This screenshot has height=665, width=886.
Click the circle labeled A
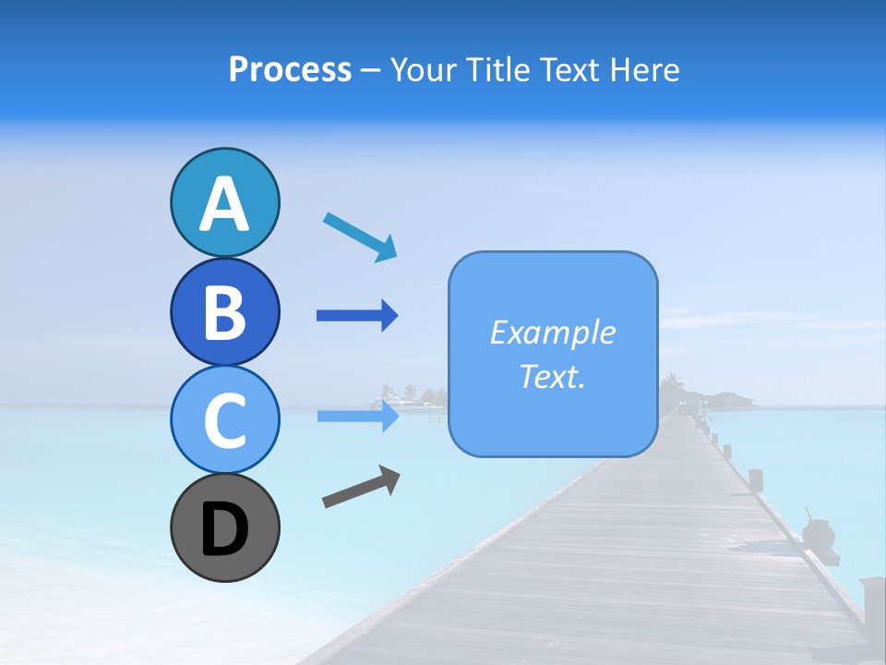pos(224,203)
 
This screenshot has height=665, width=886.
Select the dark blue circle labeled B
pos(224,312)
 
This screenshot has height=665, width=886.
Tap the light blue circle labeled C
pos(224,420)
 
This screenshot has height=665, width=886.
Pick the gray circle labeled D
pos(224,527)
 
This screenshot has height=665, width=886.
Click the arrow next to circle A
pos(360,236)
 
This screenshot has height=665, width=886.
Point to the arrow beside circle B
pos(357,316)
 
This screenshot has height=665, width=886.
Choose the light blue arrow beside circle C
pos(358,416)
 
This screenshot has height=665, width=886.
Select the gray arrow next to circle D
pos(361,488)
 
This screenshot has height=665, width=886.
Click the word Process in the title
pos(290,69)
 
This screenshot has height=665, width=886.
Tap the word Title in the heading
pos(497,69)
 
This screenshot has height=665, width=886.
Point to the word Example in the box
pos(552,332)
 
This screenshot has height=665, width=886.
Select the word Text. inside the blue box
pos(552,377)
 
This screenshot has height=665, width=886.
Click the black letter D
pos(224,530)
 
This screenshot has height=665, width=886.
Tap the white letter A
pos(224,205)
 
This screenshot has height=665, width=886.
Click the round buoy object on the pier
pos(818,534)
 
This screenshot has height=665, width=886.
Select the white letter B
pos(224,312)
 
